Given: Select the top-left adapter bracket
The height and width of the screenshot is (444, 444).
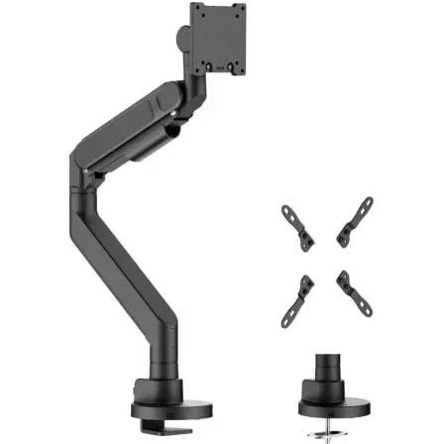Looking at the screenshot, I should click(x=297, y=227).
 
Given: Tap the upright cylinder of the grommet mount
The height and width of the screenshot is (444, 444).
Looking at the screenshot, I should click(x=337, y=378).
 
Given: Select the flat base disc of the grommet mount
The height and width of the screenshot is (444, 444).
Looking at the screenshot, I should click(x=336, y=407).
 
